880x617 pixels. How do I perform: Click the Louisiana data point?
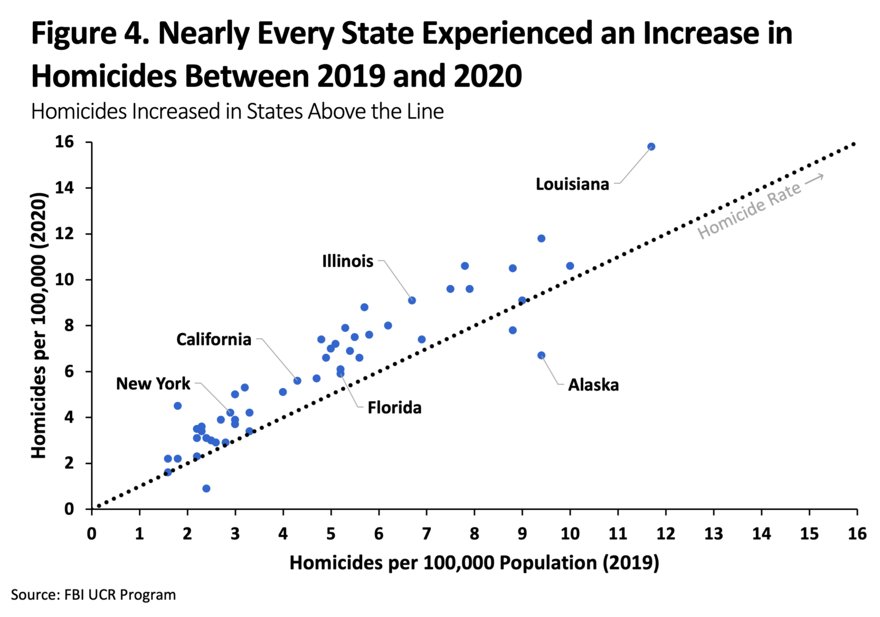651,147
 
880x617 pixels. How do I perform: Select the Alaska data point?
541,355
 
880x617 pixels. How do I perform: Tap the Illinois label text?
347,262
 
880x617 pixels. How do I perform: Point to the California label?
214,339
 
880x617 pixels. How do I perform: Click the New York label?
153,383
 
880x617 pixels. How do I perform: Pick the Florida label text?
394,408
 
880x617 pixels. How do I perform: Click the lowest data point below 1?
206,488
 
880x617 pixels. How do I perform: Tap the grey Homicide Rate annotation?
749,211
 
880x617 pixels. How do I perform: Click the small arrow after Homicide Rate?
814,179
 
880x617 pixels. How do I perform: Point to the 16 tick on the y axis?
64,142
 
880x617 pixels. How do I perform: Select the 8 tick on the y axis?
69,326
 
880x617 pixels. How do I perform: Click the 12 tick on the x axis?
665,534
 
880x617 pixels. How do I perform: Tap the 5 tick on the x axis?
331,534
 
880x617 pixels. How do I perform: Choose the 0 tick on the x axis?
92,534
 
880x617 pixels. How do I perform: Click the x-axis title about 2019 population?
474,563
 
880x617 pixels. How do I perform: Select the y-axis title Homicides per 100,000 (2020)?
38,326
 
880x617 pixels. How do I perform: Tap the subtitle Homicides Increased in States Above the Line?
237,111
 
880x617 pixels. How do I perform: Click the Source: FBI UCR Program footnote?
93,595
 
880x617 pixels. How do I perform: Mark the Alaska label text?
593,385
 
